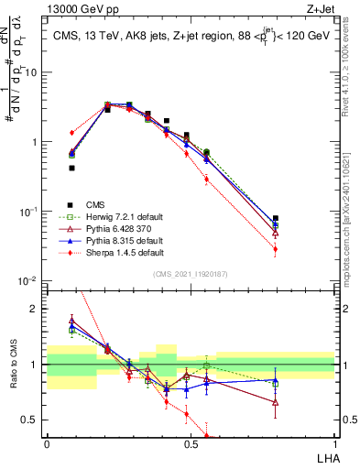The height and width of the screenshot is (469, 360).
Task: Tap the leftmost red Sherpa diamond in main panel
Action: point(71,133)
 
